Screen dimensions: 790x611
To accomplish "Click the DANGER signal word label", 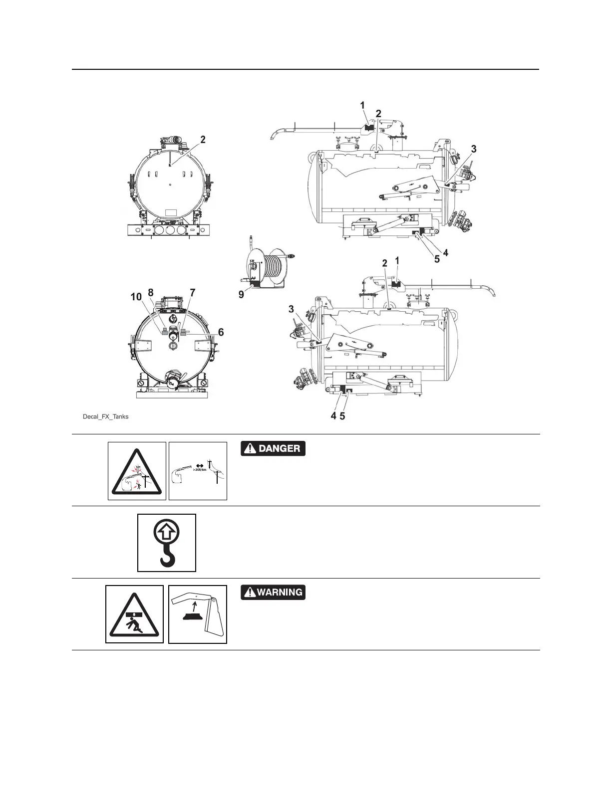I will pos(273,448).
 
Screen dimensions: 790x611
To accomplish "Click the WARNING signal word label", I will pos(273,592).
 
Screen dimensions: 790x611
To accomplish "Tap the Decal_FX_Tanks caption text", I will pos(105,416).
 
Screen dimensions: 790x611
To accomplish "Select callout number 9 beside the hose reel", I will pos(241,295).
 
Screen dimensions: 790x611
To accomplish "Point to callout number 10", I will pos(136,297).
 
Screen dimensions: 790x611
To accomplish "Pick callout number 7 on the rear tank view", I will pos(192,292).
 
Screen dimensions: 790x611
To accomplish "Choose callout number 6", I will pos(221,332).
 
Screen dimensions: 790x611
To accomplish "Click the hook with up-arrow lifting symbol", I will pos(167,543).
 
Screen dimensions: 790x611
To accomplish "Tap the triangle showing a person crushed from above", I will pos(135,614).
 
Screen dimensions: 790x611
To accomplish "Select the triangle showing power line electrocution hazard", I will pos(137,471).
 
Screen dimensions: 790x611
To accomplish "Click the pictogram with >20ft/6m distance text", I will pos(198,471).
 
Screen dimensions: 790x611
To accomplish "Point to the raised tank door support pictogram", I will pos(198,614).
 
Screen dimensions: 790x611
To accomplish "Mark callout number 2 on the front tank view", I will pos(203,140).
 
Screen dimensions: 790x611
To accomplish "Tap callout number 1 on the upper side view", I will pos(363,105).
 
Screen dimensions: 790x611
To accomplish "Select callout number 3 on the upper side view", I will pos(474,149).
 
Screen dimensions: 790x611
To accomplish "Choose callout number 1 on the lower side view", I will pos(397,260).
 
